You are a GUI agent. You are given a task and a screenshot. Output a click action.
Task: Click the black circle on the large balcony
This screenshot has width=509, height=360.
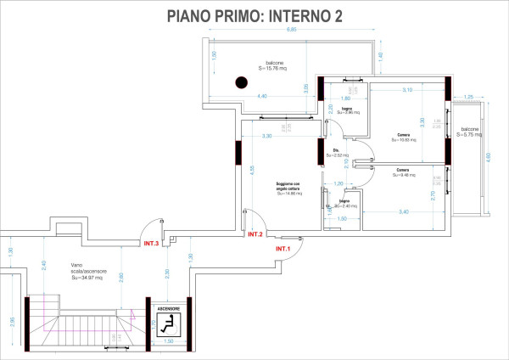coord(241,82)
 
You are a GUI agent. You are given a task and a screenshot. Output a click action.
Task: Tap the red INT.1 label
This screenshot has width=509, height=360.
coord(282,248)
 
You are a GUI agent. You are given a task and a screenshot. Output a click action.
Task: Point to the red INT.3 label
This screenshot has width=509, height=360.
coord(152,243)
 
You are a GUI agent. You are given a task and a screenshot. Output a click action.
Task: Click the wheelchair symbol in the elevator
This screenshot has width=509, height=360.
coord(166,323)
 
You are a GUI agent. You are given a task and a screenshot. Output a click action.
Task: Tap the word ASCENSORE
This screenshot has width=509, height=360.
coord(166,308)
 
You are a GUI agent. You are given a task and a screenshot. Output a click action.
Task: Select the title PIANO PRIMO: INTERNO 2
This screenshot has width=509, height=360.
coord(254,14)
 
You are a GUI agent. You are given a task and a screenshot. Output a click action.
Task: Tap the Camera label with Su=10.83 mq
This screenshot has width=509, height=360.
coord(403,138)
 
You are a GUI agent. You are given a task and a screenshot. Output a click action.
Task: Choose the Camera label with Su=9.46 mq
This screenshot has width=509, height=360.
coord(403,173)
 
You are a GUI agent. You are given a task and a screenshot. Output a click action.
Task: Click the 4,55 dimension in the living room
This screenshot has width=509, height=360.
coord(252,168)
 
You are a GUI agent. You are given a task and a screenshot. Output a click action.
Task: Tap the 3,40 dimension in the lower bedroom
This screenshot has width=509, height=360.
coord(403,211)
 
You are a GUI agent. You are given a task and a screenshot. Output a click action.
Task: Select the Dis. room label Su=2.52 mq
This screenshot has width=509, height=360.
coord(337,154)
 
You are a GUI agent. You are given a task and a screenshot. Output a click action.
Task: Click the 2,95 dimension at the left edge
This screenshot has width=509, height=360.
coord(11,321)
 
